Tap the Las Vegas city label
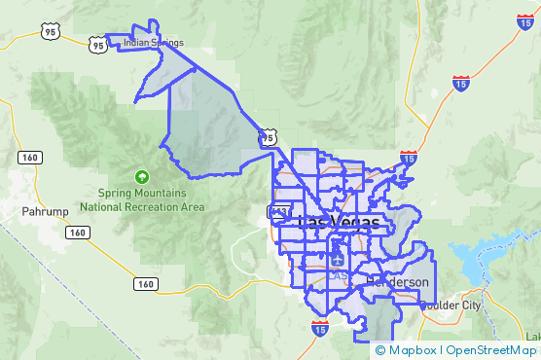(338, 224)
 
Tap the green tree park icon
(142, 177)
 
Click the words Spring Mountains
(142, 193)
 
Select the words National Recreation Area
(142, 206)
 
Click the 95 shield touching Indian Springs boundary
(97, 44)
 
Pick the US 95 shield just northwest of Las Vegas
(267, 139)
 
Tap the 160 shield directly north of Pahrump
(28, 157)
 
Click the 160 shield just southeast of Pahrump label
(78, 233)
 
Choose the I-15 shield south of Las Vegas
(320, 330)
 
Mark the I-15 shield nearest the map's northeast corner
(461, 85)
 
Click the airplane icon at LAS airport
(336, 260)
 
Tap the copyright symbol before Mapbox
(379, 350)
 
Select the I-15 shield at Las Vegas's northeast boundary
(408, 157)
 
